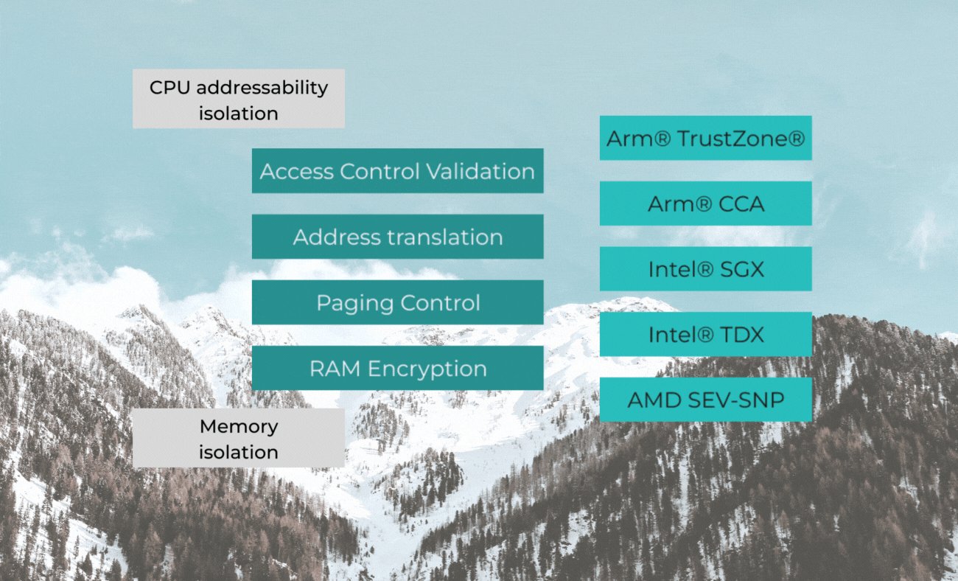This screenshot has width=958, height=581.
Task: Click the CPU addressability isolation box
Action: pos(238,99)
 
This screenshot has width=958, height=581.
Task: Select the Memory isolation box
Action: pos(238,438)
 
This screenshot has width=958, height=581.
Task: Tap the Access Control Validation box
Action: pos(397,171)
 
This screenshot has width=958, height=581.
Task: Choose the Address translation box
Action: pos(397,237)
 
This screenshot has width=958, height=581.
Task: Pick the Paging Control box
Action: pos(397,302)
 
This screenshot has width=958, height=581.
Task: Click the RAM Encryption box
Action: pos(397,368)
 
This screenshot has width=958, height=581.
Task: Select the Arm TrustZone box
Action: pos(705,138)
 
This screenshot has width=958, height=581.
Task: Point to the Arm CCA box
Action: pos(705,203)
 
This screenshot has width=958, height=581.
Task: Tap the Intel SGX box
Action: pos(705,269)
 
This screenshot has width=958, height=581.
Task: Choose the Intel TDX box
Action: pos(705,335)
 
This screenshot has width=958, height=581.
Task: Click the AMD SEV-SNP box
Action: pos(705,400)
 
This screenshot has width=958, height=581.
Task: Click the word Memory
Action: pos(238,426)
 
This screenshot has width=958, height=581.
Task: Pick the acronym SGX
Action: pos(741,269)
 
